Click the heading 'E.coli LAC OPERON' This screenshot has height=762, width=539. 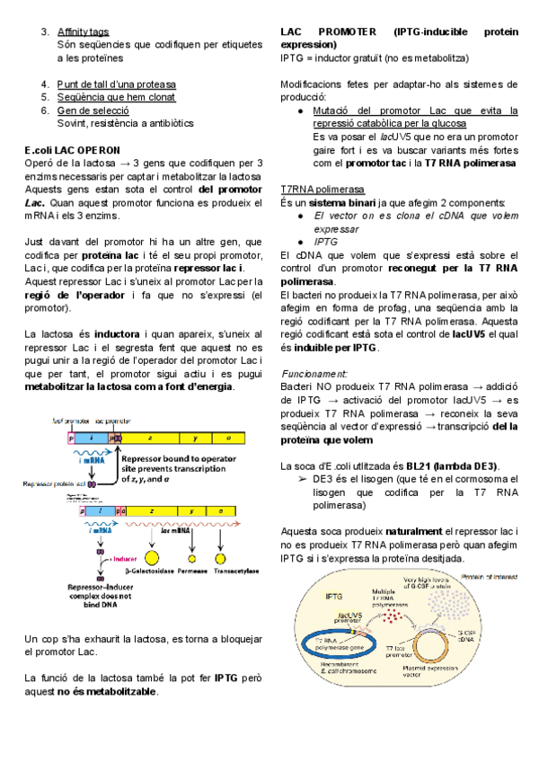click(x=79, y=149)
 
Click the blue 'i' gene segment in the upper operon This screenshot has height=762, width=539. click(x=93, y=435)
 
